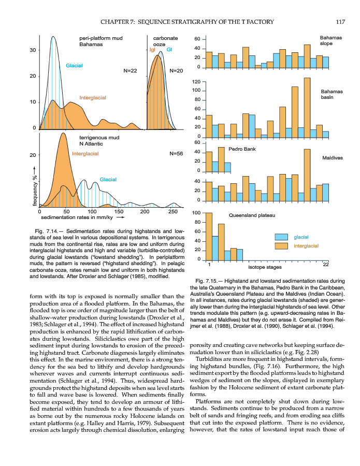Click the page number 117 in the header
[340, 22]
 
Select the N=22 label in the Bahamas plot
[131, 70]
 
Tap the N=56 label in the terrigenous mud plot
[177, 154]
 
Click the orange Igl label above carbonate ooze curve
[152, 50]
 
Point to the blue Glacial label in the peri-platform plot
[75, 66]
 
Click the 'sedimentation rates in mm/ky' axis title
[78, 219]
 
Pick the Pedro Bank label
[242, 149]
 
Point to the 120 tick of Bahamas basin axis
[196, 82]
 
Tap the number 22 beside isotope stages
[326, 265]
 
